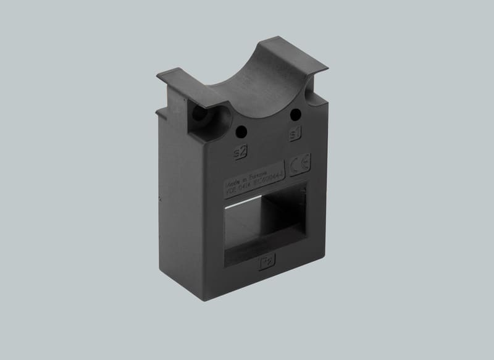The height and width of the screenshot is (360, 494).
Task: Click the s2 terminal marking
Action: tap(239, 150)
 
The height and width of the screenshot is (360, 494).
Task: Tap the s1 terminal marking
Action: tap(295, 134)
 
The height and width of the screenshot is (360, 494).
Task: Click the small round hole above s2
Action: tap(241, 130)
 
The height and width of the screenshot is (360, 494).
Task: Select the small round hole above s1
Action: tap(295, 114)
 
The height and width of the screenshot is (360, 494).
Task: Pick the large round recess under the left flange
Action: tap(201, 117)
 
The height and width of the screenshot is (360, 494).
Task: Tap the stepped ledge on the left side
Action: tap(162, 114)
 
